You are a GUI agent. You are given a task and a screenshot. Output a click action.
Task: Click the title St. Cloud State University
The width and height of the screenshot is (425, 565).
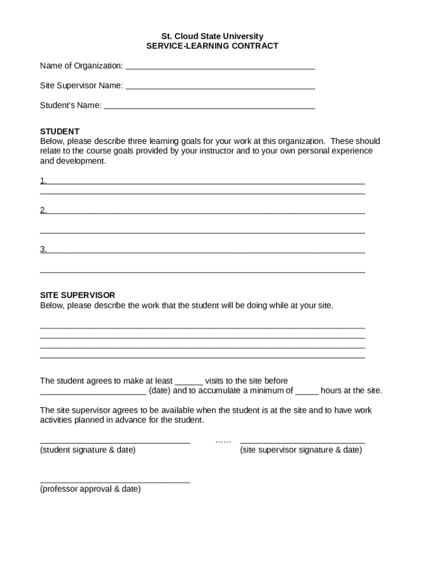(212, 36)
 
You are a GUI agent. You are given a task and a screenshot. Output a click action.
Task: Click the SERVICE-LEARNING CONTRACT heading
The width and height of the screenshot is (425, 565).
(212, 46)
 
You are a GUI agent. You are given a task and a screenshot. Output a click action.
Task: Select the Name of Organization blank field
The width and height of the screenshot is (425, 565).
(220, 67)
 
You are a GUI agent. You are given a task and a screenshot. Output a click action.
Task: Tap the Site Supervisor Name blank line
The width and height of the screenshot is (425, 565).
(220, 87)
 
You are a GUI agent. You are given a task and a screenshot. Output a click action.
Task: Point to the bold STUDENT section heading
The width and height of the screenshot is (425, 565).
(60, 131)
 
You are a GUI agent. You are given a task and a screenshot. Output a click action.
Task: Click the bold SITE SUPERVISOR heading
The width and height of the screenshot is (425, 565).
(77, 295)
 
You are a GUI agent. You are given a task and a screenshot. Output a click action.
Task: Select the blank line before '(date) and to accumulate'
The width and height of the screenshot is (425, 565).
(93, 392)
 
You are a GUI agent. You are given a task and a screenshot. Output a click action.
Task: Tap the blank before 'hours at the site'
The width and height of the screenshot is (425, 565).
(307, 392)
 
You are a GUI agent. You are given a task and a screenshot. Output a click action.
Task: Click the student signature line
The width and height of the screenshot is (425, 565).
(115, 441)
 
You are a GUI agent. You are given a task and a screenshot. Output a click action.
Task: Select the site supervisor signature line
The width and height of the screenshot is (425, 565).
(302, 441)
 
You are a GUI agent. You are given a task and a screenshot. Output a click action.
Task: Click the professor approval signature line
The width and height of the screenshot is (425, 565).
(115, 481)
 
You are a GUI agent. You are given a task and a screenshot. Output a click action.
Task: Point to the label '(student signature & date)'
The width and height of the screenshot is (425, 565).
(88, 450)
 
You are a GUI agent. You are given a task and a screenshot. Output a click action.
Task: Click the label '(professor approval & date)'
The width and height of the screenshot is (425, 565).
(91, 489)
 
